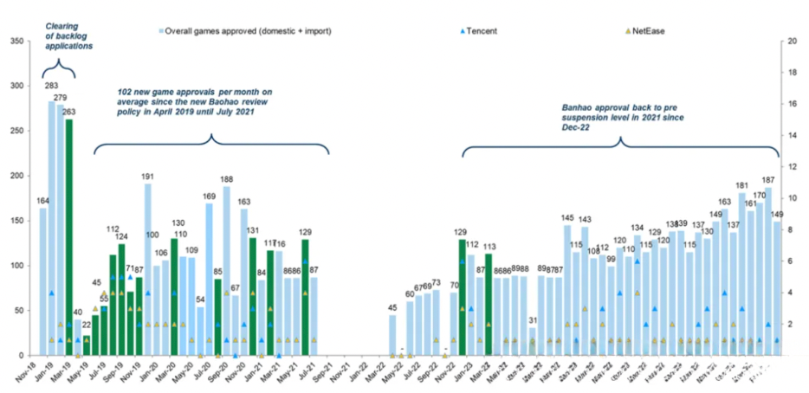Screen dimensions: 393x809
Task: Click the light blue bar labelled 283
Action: tap(52, 229)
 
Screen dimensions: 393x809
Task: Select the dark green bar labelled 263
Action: tap(69, 238)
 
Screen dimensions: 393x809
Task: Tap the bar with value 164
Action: tap(42, 282)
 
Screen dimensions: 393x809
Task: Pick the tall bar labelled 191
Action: tap(148, 269)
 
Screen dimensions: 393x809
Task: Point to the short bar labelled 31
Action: tap(532, 341)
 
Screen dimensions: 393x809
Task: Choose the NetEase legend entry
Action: tap(645, 30)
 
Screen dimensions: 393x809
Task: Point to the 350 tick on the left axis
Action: tap(16, 41)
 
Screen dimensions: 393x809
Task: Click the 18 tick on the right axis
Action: tap(792, 72)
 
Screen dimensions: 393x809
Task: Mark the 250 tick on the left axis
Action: tap(16, 131)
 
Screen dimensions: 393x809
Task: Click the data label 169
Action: tap(210, 196)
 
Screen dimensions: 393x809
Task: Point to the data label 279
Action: tap(61, 98)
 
